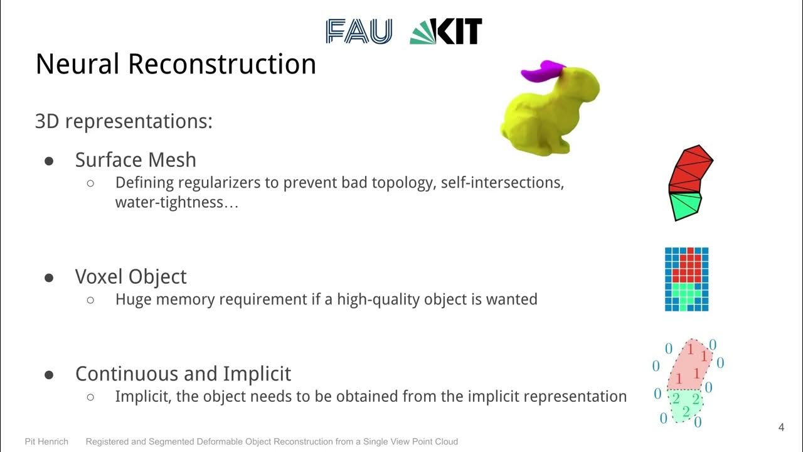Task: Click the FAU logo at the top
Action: (359, 31)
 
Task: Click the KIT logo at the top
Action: (446, 31)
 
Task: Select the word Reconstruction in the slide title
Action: (223, 65)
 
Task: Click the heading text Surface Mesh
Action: (136, 160)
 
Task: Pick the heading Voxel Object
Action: (130, 277)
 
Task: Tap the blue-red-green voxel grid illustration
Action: (686, 279)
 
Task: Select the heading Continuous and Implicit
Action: (183, 374)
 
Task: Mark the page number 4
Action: (781, 428)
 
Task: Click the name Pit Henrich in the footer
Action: (47, 441)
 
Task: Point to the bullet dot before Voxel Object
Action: (50, 277)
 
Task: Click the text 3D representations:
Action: (124, 121)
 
